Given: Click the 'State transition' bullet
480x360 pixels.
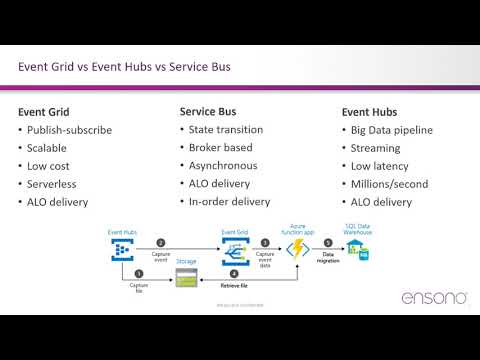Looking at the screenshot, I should click(227, 129).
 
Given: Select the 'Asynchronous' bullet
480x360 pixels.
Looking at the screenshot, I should click(223, 165).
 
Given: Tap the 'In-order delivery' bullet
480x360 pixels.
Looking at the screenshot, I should click(229, 201).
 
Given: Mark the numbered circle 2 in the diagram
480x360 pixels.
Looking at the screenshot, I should click(161, 242).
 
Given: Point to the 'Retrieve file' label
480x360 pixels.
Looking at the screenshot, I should click(235, 283).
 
